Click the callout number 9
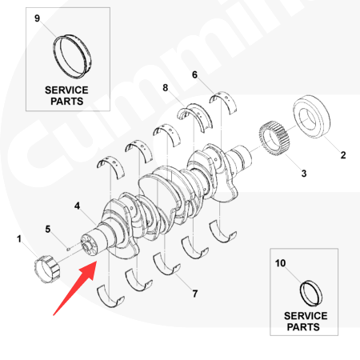point(38,18)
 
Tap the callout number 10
point(280,263)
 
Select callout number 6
point(194,75)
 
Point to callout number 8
point(166,88)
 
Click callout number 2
point(343,155)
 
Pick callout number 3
point(304,174)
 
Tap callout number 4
point(77,206)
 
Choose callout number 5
point(48,229)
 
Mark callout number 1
point(19,239)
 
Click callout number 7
point(195,294)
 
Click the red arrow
point(75,288)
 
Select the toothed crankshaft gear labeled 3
point(274,138)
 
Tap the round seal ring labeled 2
point(311,117)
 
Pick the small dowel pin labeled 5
point(68,250)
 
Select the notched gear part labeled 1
point(47,269)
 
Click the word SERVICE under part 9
point(66,90)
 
